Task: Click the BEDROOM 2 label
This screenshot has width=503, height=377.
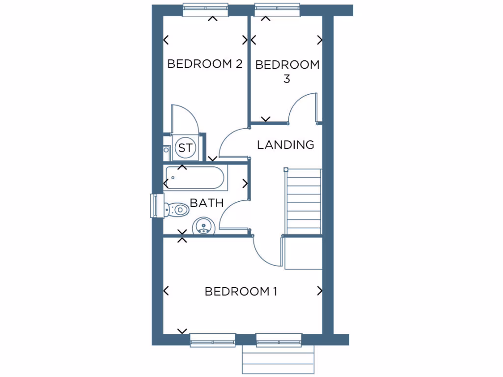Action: tap(205, 64)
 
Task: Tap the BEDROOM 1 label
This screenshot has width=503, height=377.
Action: tap(241, 292)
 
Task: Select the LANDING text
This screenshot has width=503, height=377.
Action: tap(285, 145)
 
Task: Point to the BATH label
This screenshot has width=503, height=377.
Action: tap(207, 203)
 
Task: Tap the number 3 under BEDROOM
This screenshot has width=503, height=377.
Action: tap(287, 79)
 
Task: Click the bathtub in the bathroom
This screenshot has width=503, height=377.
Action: tap(196, 178)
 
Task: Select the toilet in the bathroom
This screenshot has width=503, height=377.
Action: tap(177, 210)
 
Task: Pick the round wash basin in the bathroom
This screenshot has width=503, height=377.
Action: tap(203, 227)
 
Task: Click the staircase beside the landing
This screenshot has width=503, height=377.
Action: tap(303, 201)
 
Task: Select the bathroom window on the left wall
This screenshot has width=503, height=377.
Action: tap(155, 205)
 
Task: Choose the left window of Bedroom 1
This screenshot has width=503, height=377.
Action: tap(213, 340)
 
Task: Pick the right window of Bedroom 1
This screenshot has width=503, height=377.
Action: tap(279, 340)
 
